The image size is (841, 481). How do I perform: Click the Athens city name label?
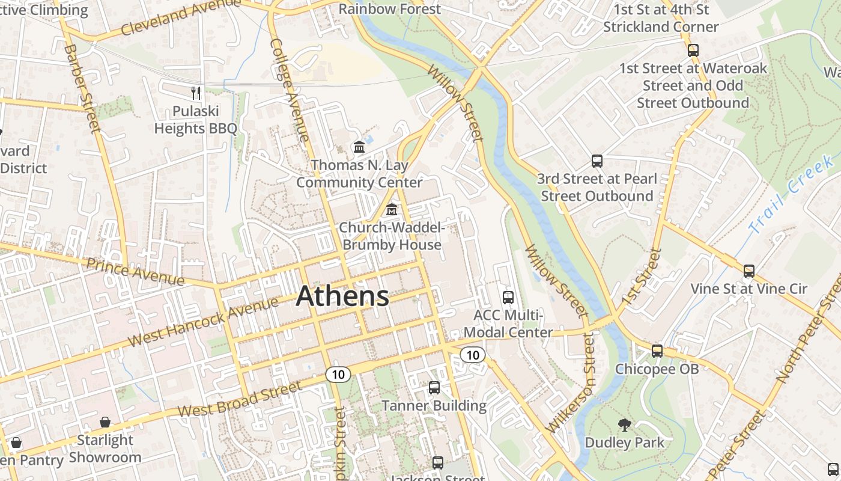click(x=342, y=296)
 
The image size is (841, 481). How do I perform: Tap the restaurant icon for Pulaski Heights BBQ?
click(x=196, y=93)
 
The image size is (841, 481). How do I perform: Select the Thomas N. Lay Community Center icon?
click(x=359, y=147)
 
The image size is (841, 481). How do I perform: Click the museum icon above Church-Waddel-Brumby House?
click(x=392, y=210)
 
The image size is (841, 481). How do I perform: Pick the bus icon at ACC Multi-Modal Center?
click(x=508, y=297)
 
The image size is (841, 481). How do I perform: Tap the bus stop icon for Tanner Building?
click(x=434, y=388)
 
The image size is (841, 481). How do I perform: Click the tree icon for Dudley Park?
click(x=625, y=425)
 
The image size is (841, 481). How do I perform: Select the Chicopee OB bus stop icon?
click(x=657, y=351)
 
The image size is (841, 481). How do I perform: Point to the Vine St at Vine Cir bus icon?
click(x=748, y=271)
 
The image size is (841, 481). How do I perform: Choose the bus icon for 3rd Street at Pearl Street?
click(x=597, y=161)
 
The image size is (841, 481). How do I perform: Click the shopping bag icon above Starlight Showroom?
click(x=105, y=422)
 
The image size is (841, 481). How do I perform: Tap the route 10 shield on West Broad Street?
click(x=338, y=375)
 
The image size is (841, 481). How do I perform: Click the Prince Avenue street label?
click(x=135, y=272)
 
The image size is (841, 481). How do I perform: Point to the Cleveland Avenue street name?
click(x=180, y=17)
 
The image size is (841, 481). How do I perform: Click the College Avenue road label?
click(x=290, y=90)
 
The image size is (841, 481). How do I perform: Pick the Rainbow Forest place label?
click(x=390, y=9)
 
